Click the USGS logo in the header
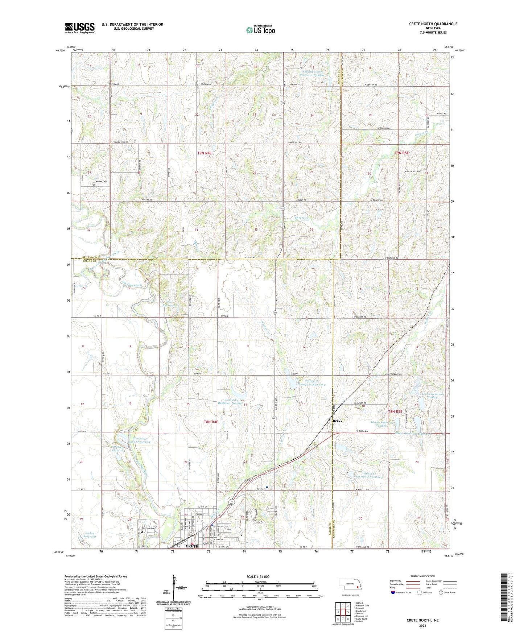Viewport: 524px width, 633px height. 79,28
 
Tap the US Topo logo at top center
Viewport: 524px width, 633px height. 260,30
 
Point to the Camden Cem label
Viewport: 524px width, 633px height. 101,182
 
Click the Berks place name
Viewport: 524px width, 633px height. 337,421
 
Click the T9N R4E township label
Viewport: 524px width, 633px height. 204,153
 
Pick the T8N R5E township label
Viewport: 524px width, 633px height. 395,411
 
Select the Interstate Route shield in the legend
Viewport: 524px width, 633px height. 393,592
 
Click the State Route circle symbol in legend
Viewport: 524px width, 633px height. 441,592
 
